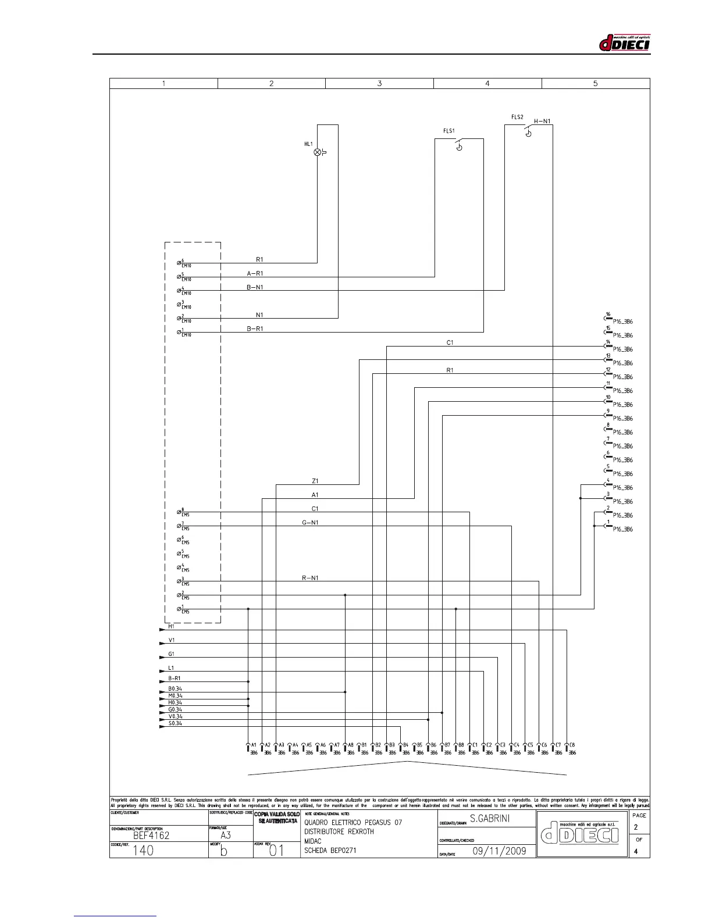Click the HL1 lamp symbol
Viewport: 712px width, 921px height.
coord(318,152)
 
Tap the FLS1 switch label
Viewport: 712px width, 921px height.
coord(449,131)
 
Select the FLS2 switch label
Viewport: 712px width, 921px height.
coord(517,117)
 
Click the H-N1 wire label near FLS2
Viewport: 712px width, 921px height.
coord(542,122)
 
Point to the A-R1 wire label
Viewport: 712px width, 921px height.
coord(255,273)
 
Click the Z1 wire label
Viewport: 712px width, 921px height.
coord(315,481)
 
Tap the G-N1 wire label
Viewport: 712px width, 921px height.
coord(310,523)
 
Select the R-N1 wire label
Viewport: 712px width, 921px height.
coord(310,578)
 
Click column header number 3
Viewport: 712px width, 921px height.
coord(379,83)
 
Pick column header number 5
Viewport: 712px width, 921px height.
coord(595,83)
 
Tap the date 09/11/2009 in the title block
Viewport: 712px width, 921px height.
coord(499,851)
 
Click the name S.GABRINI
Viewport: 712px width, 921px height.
coord(490,819)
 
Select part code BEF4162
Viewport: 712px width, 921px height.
coord(151,836)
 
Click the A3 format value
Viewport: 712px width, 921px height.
coord(226,836)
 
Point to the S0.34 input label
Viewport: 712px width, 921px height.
coord(175,723)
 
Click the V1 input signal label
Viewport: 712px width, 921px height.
coord(172,640)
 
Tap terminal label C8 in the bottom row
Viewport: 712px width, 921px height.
coord(572,745)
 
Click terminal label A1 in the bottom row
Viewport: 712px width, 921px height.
coord(254,745)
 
